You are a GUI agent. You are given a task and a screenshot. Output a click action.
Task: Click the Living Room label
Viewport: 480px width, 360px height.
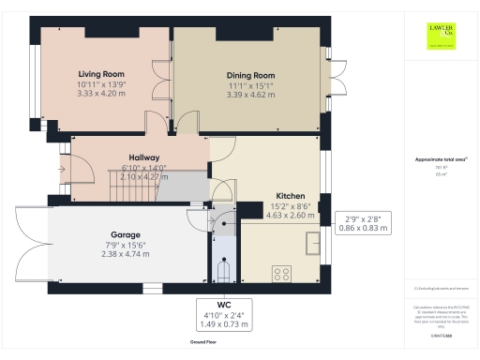[x=101, y=73]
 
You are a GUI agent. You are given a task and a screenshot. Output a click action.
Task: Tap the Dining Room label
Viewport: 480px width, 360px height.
[x=250, y=75]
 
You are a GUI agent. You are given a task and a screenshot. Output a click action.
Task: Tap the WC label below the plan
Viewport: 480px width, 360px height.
[x=222, y=305]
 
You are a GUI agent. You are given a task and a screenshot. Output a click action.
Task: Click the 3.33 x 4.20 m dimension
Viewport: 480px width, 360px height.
[x=101, y=94]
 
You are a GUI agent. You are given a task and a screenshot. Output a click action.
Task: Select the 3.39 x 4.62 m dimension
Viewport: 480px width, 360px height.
[x=250, y=95]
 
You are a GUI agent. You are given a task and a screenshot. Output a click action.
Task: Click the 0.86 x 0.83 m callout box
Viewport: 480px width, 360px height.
[x=363, y=222]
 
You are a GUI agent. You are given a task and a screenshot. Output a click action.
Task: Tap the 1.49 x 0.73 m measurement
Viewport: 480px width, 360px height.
[x=222, y=325]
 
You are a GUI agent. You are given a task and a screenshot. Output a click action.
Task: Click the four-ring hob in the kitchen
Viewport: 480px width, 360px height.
[x=280, y=274]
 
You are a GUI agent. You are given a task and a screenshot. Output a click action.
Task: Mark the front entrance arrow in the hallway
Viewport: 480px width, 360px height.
[x=62, y=170]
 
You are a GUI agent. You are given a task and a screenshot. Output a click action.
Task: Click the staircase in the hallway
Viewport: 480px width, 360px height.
[x=130, y=188]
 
